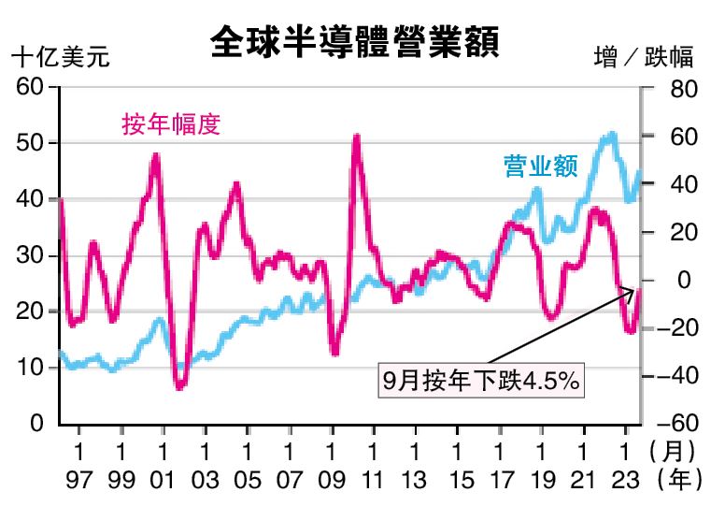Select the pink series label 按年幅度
point(171,123)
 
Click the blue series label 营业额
point(541,166)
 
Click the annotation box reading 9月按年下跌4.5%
point(481,382)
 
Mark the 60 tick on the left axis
point(30,87)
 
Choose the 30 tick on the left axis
point(30,255)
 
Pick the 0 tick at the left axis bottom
point(37,424)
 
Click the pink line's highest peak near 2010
point(357,138)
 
